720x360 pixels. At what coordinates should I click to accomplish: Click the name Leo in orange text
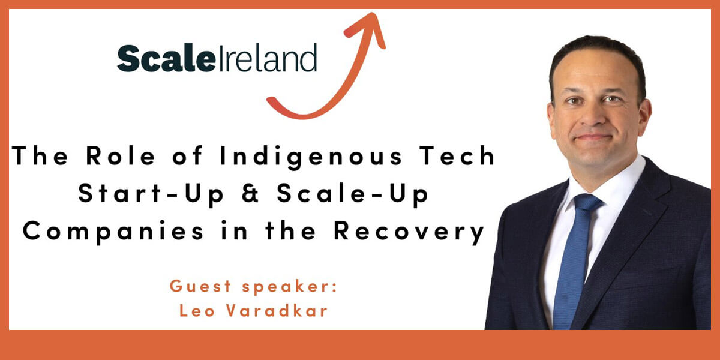click(x=197, y=311)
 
